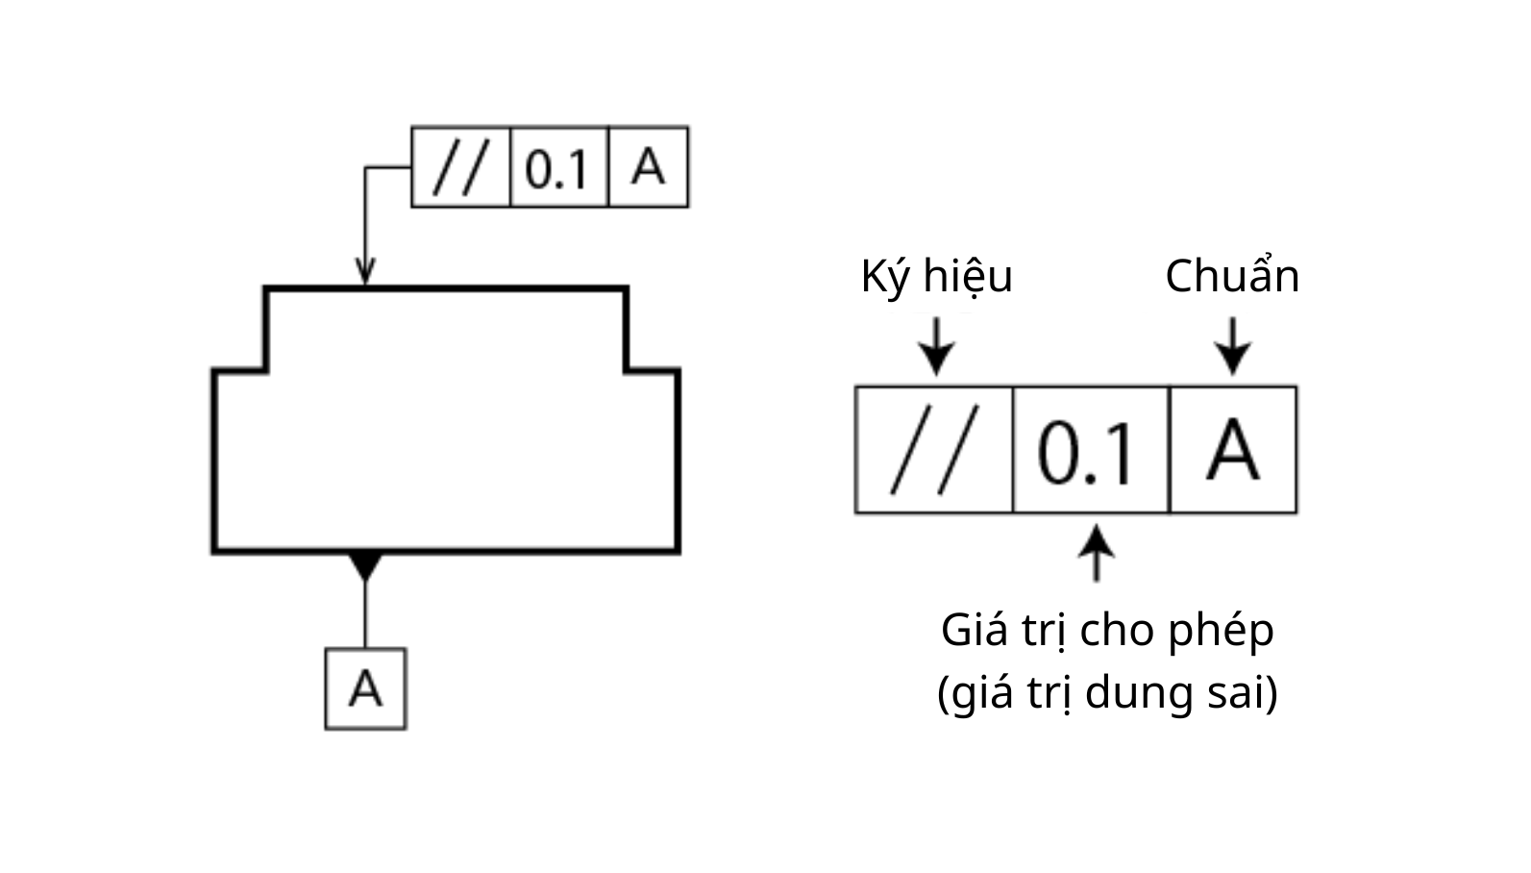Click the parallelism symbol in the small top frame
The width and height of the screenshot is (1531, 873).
click(462, 166)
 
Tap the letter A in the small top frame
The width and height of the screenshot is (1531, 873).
click(648, 166)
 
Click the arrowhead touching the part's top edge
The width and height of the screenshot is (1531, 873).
click(365, 272)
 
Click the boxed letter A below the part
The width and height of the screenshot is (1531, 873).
click(365, 688)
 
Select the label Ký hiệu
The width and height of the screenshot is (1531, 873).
click(936, 277)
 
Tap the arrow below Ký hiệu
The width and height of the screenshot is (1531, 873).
click(936, 346)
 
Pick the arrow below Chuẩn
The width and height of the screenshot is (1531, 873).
click(1233, 346)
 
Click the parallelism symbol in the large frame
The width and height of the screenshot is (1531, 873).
click(933, 449)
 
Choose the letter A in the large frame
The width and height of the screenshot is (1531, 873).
click(1233, 451)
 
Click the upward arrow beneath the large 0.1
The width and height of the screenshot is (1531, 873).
click(1097, 553)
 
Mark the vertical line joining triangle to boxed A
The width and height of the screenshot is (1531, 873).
click(365, 615)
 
